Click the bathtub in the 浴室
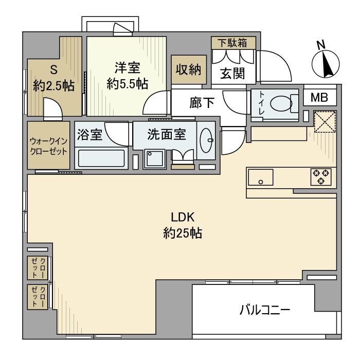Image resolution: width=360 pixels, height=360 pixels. coord(101,157)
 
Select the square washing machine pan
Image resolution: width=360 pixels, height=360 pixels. coord(153,158)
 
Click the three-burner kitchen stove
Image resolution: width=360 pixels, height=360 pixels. coord(321,176)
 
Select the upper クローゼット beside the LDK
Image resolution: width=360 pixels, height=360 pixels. coord(39,266)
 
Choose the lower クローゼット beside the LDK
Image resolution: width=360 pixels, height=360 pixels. coord(39,297)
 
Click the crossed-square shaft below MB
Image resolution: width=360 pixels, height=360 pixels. coord(325,122)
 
